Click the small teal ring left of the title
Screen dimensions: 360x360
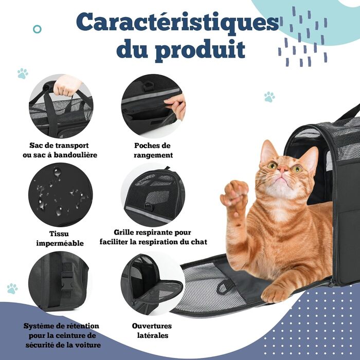(37, 29)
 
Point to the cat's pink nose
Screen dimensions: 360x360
(282, 169)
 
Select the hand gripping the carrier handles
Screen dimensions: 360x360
(67, 86)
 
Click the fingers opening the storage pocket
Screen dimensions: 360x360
(176, 105)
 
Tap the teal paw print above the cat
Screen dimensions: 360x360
(269, 97)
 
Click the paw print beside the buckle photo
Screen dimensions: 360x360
(12, 289)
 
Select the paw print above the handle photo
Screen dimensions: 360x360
(23, 74)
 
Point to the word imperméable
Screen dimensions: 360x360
(60, 244)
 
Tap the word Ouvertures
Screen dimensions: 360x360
(152, 326)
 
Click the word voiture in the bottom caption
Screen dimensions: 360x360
(88, 345)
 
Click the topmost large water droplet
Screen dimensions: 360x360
(58, 172)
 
